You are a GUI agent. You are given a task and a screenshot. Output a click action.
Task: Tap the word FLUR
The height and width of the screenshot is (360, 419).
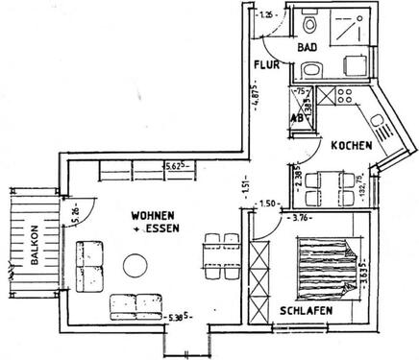tap(266, 65)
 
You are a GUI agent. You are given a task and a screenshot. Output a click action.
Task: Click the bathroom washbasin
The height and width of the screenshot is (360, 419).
tap(310, 69)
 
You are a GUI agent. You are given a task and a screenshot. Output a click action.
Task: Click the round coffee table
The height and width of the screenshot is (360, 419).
tap(136, 262)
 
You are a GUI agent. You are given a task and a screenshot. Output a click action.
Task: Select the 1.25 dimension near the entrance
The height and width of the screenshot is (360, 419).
tap(266, 14)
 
